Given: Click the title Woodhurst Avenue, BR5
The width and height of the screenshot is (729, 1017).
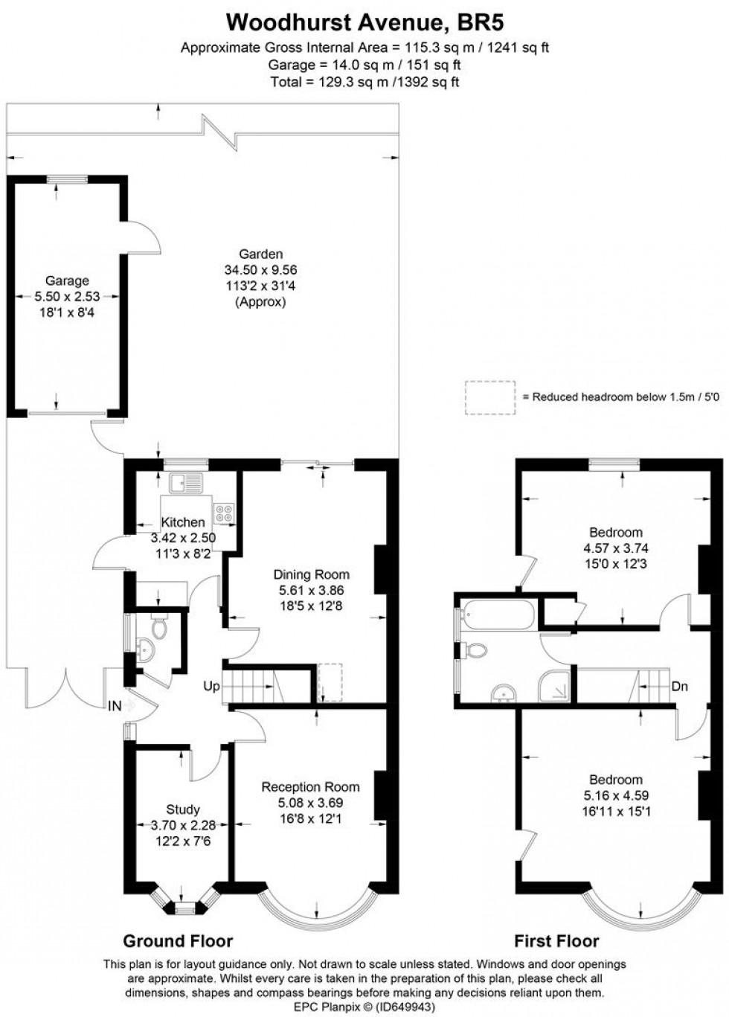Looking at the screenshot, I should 364,23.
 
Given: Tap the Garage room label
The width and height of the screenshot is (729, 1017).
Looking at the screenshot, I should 67,280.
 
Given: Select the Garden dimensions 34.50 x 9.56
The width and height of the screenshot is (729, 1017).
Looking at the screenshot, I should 260,270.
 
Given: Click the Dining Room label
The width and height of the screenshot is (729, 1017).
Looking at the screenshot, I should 311,574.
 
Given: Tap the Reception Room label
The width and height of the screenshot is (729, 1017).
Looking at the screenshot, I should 310,786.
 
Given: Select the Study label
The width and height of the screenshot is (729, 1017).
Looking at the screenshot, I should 183,809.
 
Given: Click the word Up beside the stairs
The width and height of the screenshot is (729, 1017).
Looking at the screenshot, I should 211,686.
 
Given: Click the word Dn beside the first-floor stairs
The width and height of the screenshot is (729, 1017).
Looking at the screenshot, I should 679,686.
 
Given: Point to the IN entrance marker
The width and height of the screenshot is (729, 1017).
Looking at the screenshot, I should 115,705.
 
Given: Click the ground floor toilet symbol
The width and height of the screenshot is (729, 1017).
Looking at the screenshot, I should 158,629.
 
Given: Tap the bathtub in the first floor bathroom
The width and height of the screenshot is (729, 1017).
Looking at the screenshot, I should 496,615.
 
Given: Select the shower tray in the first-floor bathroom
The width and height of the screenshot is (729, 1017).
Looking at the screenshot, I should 555,685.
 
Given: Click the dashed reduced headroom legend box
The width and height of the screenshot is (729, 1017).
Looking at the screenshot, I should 490,397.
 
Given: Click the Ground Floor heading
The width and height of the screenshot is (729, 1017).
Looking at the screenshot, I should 178,940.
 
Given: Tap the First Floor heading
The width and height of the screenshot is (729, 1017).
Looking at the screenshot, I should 556,940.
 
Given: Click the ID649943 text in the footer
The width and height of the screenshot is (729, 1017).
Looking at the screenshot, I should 402,1007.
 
